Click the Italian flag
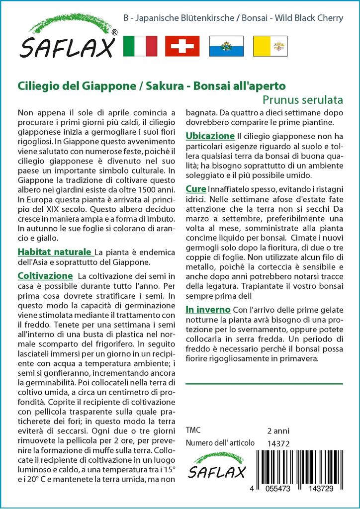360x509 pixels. pyautogui.click(x=140, y=46)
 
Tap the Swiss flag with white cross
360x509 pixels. pyautogui.click(x=182, y=46)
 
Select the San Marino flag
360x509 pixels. pyautogui.click(x=226, y=46)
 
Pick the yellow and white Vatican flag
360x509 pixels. pyautogui.click(x=270, y=46)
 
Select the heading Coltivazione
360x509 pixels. pyautogui.click(x=45, y=275)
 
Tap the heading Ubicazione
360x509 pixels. pyautogui.click(x=210, y=136)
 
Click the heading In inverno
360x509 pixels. pyautogui.click(x=208, y=310)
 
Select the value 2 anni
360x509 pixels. pyautogui.click(x=278, y=430)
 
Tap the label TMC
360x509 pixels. pyautogui.click(x=192, y=430)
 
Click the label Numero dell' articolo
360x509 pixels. pyautogui.click(x=220, y=443)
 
